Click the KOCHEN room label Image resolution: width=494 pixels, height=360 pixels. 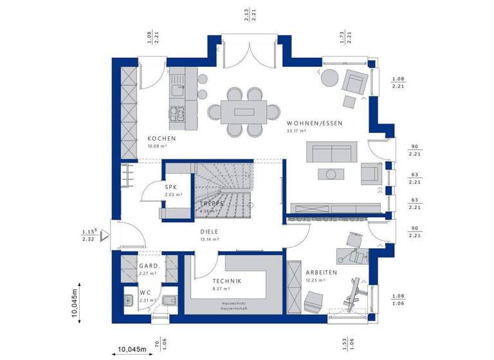tap(161, 139)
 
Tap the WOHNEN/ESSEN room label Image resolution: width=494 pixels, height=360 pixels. tap(315, 123)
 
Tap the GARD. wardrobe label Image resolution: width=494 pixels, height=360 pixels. tap(149, 265)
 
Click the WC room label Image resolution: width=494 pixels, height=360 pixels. tap(145, 293)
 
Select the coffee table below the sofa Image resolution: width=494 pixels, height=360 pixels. tap(331, 174)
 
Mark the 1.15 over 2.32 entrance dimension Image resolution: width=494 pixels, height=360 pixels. tap(88, 235)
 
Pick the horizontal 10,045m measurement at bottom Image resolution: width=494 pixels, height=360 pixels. tap(131, 350)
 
